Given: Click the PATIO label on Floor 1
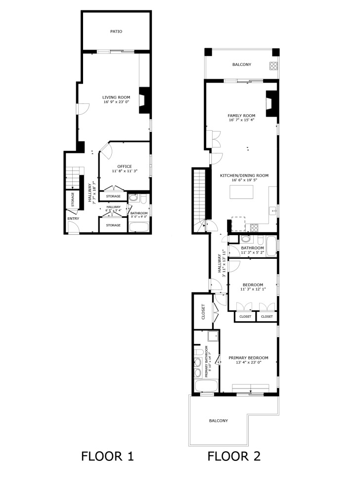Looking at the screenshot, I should coord(116,32).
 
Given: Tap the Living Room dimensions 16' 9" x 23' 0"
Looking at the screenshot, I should coord(116,102).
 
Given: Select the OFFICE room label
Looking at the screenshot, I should coord(125,166).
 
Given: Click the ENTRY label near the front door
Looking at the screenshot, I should coord(73,218).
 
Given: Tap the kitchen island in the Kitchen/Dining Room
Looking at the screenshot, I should coord(242,192).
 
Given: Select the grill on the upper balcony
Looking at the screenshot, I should coord(273,66).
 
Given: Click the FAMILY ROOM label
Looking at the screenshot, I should coord(241,115).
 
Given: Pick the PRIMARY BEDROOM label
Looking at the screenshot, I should coord(248,358).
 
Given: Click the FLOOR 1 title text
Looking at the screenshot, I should coord(107,456).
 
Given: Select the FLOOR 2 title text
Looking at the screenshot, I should coord(233,456).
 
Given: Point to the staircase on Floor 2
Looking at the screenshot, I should coord(199,198).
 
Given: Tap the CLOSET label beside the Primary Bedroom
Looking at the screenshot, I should coord(203,310).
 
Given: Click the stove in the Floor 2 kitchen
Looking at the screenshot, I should coord(254,228).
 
